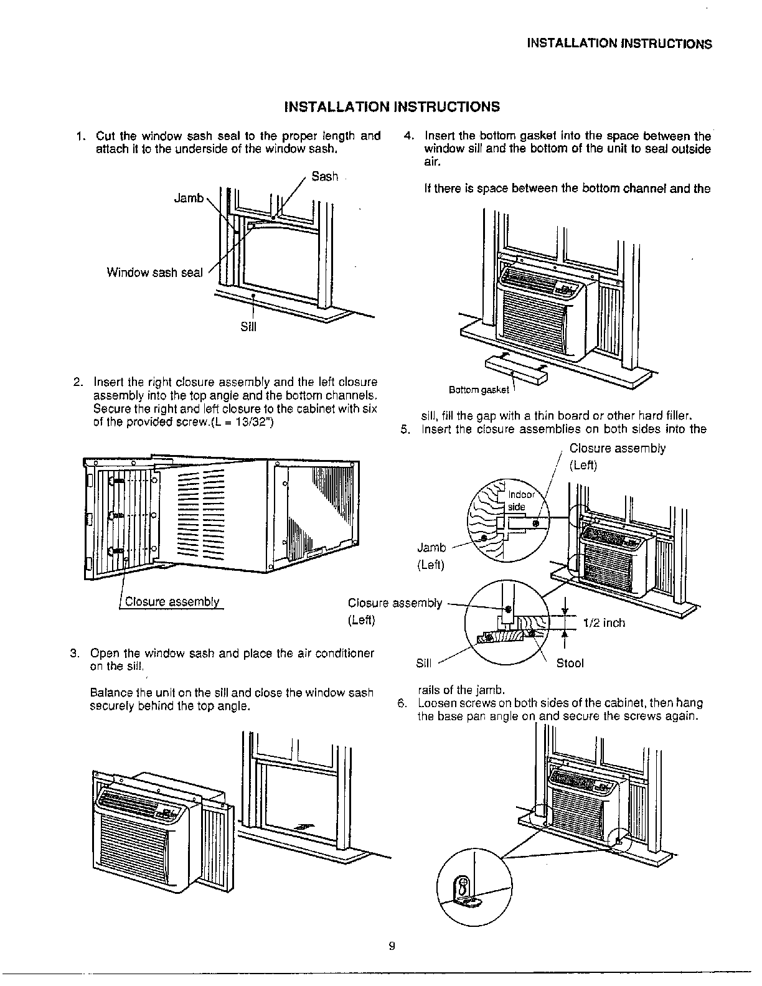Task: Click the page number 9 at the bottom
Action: click(x=392, y=946)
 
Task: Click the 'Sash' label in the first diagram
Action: click(x=324, y=177)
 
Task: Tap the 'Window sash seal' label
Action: click(x=154, y=273)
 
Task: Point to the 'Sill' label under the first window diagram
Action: click(x=248, y=327)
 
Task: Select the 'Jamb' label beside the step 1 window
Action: click(x=188, y=199)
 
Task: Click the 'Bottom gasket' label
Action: click(x=479, y=390)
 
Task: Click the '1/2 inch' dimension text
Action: click(x=604, y=623)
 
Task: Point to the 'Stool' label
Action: click(x=570, y=664)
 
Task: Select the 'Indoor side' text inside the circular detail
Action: click(x=520, y=501)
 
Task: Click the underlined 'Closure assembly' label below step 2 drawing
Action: click(x=172, y=601)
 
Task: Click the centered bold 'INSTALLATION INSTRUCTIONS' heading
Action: click(x=392, y=106)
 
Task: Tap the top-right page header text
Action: click(x=619, y=44)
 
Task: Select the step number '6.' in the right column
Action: click(x=402, y=703)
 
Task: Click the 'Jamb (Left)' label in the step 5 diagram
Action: click(x=431, y=556)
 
